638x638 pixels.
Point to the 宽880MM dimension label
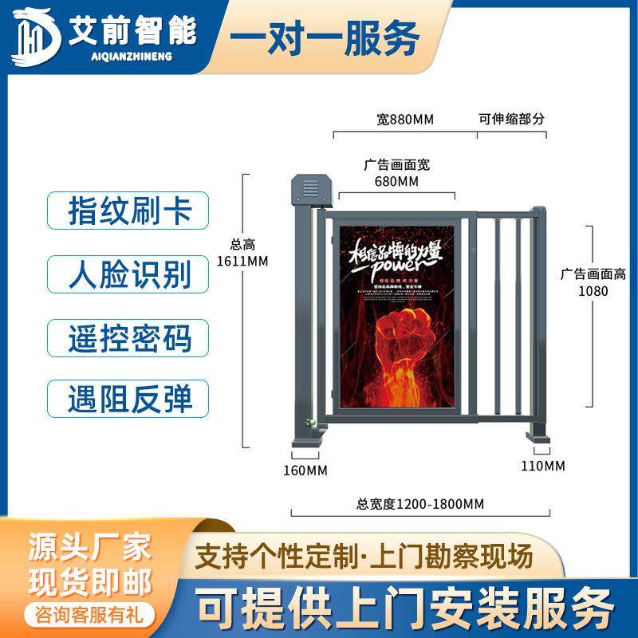(404, 120)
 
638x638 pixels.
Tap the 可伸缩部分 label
(511, 120)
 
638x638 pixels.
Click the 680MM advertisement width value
(396, 182)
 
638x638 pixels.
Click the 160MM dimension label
(306, 470)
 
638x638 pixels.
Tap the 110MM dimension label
(543, 465)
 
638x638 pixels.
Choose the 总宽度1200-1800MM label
(420, 503)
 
